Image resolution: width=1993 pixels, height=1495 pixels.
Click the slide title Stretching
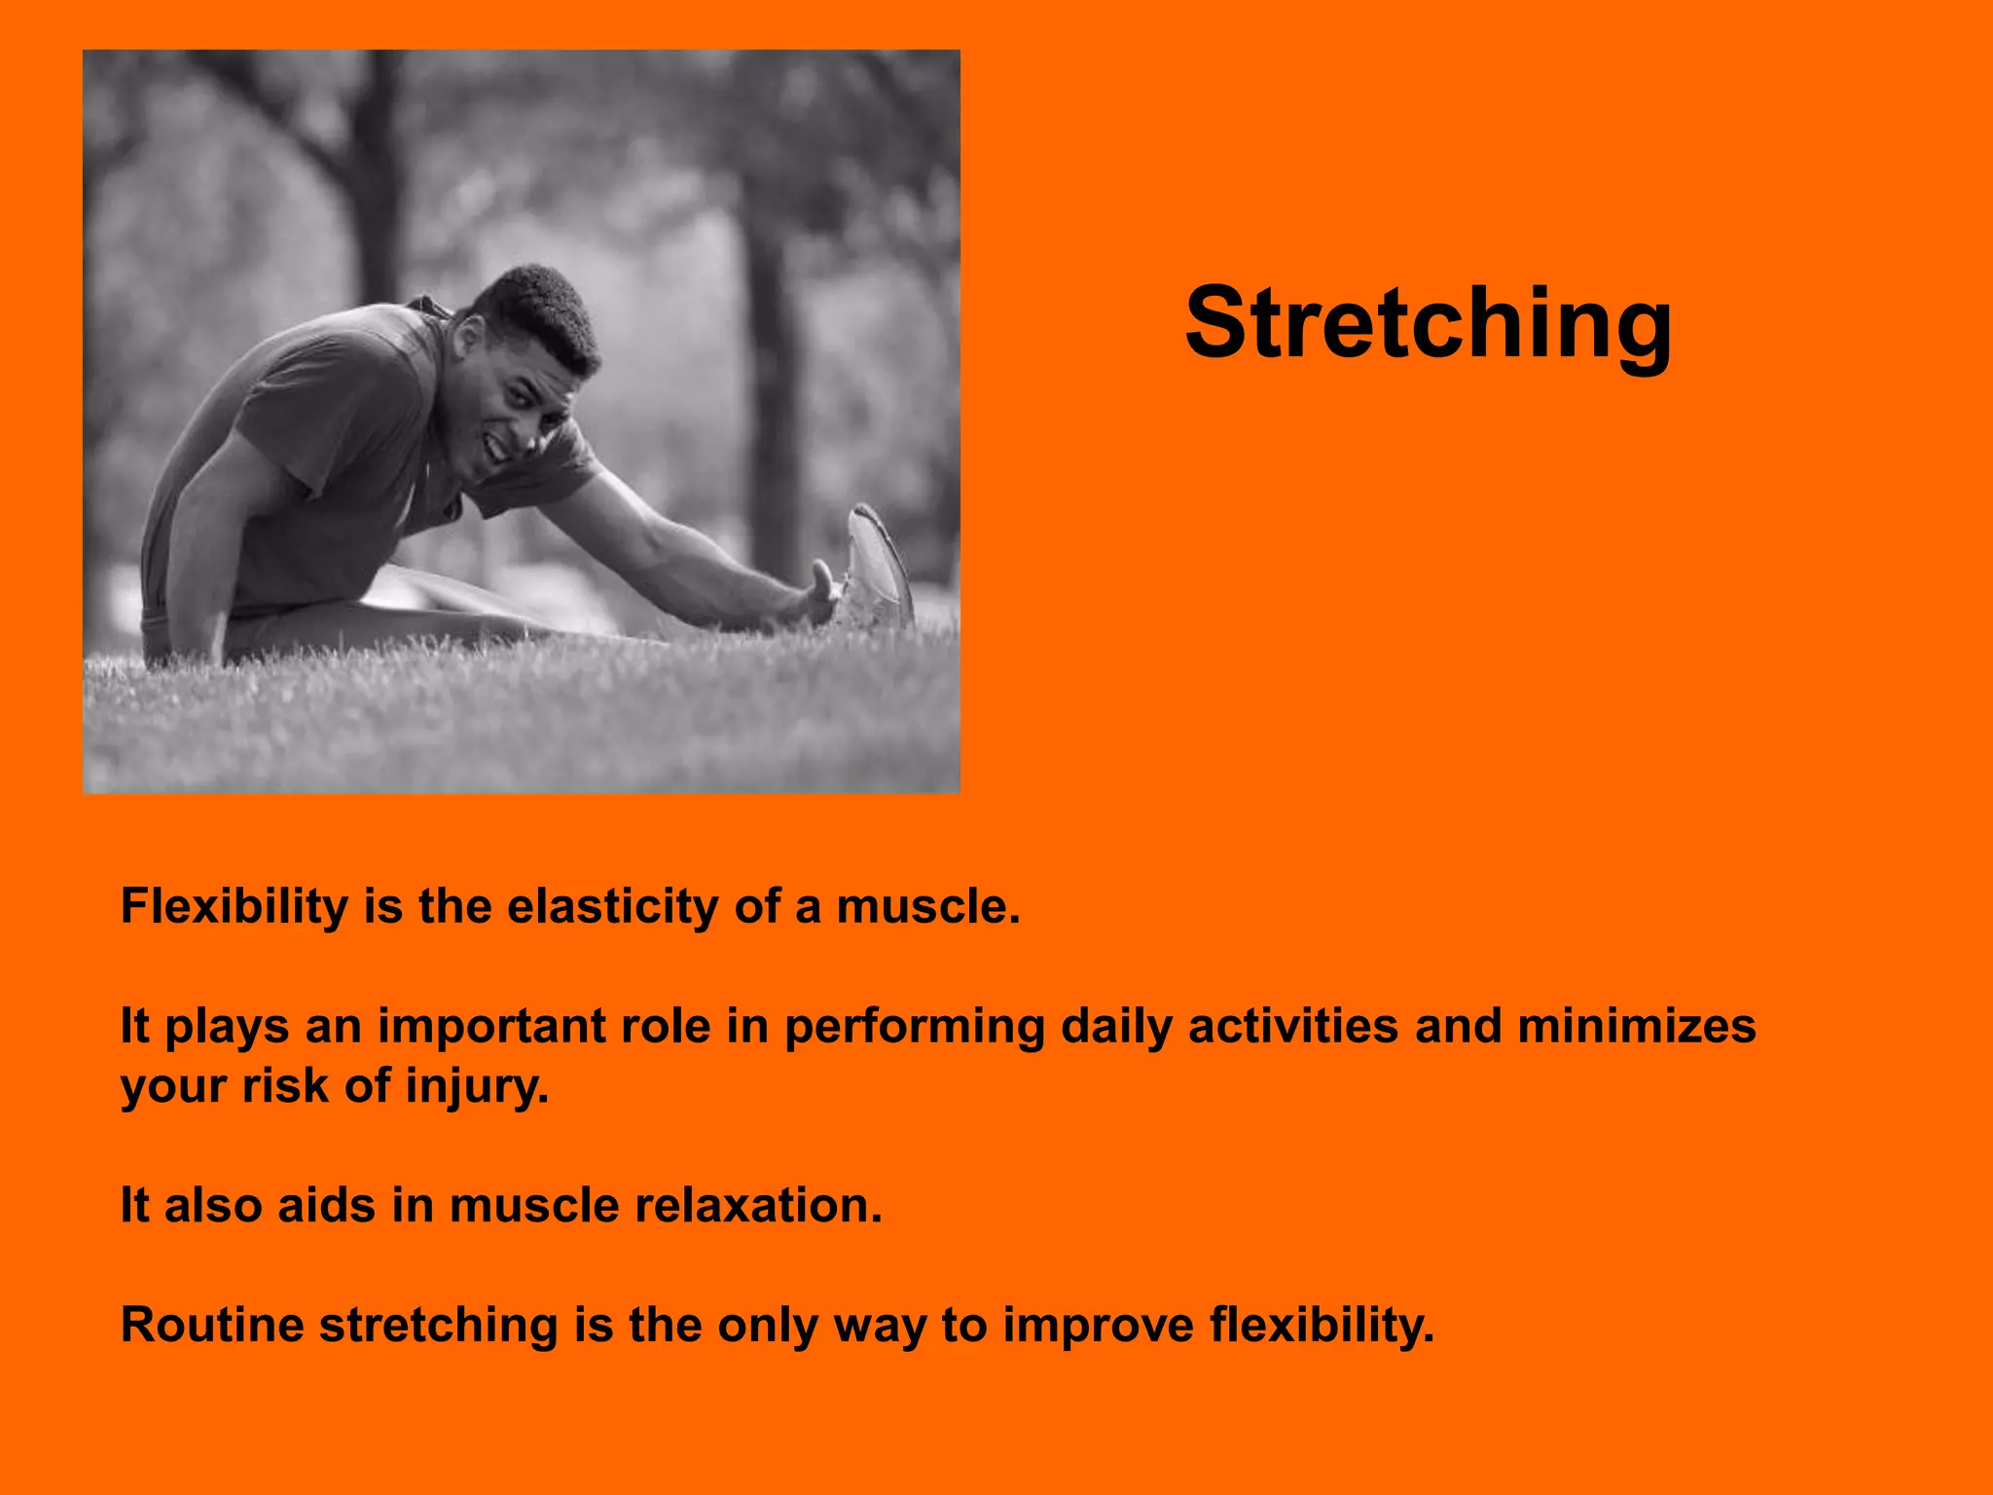(x=1428, y=323)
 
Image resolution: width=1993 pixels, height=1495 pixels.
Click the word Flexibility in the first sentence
(x=234, y=907)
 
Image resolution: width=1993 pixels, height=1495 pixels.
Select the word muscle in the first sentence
(x=927, y=907)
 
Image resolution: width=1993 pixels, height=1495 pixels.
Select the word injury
(x=477, y=1087)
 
